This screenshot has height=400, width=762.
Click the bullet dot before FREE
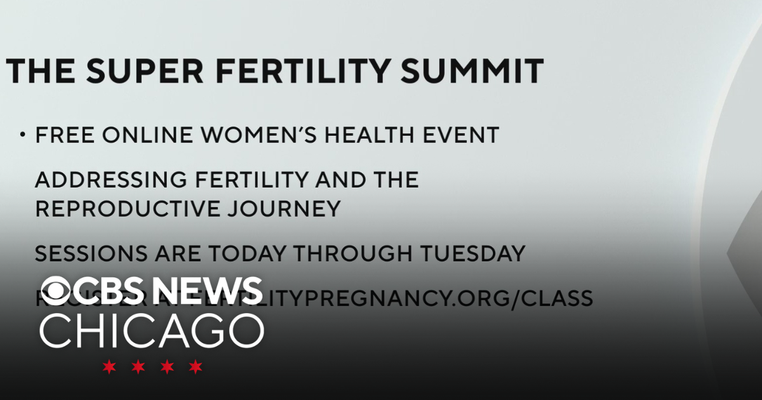pyautogui.click(x=23, y=135)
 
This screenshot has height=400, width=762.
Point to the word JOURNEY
pyautogui.click(x=288, y=209)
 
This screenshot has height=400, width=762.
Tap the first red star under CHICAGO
pyautogui.click(x=110, y=366)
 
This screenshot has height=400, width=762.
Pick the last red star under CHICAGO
pyautogui.click(x=196, y=366)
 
